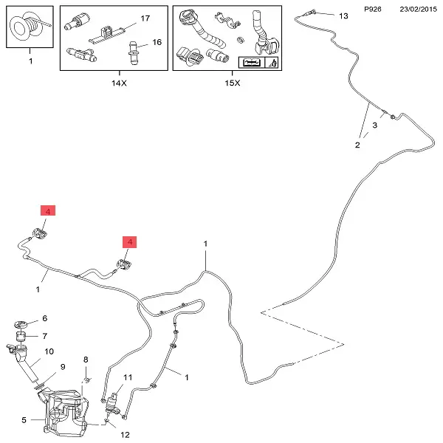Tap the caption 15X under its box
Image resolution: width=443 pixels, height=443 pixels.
point(232,83)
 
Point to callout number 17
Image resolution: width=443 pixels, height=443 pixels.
point(145,17)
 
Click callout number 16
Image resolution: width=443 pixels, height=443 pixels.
point(157,44)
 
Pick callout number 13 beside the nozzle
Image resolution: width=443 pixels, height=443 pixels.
point(342,16)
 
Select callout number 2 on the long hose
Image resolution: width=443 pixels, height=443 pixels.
point(357,145)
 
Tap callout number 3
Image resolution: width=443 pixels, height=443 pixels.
point(374,126)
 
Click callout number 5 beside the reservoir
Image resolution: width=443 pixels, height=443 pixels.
point(24,420)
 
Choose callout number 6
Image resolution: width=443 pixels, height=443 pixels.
point(44,319)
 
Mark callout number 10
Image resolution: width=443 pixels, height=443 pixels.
point(49,351)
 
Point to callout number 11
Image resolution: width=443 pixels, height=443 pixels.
point(127,377)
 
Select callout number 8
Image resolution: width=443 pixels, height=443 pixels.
point(86,360)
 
